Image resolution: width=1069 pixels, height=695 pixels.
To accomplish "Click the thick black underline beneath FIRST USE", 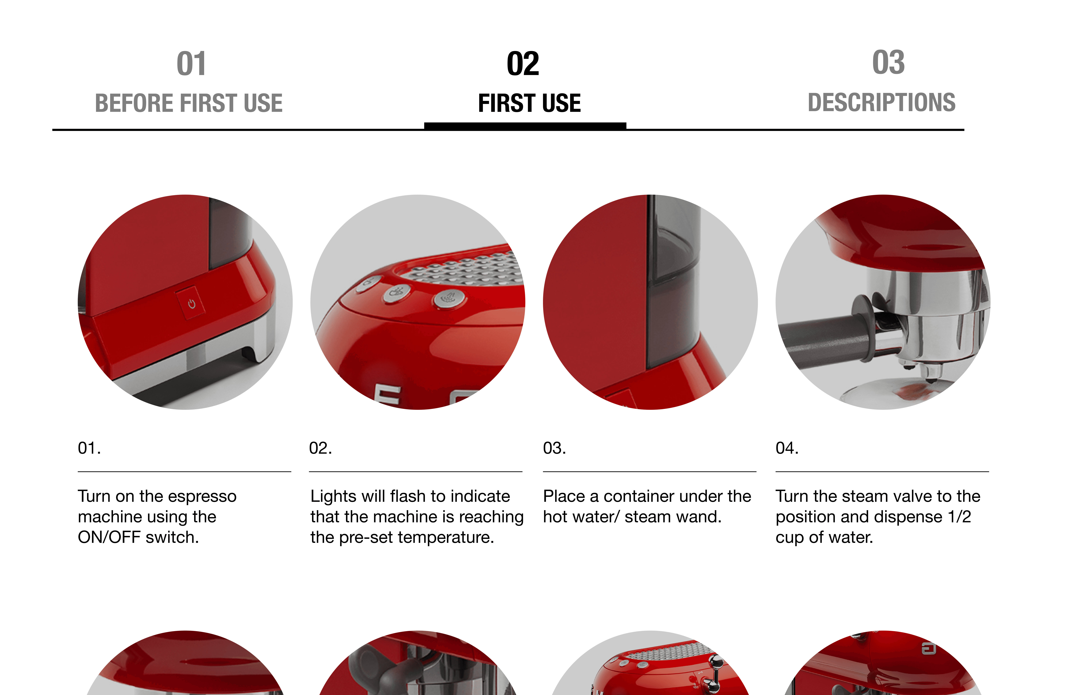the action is (525, 126).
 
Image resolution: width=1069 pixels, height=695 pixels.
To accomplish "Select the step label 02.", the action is (320, 448).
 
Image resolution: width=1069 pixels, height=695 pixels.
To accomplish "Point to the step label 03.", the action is (554, 448).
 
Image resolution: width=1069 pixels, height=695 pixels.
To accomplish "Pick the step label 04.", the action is (787, 448).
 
